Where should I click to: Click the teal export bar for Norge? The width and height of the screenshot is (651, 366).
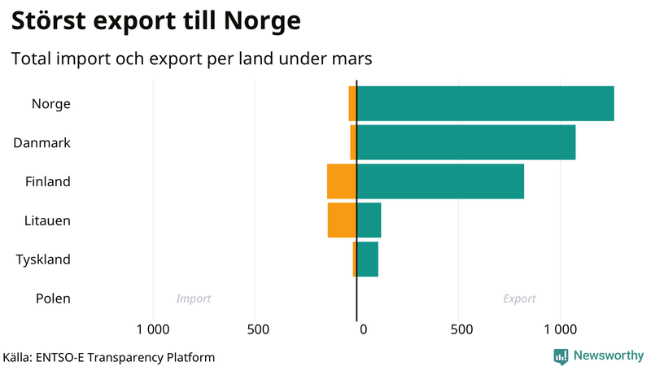coord(485,103)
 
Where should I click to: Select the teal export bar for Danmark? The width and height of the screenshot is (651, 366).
coord(465,142)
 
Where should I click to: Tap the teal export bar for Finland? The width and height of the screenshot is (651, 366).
coord(440,181)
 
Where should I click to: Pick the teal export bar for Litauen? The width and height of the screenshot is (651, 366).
coord(369,220)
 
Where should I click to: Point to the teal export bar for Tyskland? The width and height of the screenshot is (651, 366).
coord(367,259)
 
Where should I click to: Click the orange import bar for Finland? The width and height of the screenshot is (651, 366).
coord(342,181)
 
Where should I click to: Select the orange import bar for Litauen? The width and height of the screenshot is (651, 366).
coord(342,220)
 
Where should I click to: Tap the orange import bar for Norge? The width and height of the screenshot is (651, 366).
coord(352,103)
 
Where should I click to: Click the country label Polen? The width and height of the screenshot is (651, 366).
coord(53,298)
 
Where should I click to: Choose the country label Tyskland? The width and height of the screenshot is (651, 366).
coord(43,259)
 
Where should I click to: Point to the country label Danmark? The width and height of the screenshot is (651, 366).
coord(42,142)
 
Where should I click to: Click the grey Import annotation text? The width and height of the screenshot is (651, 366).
coord(194,298)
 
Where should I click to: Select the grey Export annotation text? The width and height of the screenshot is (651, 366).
coord(519,298)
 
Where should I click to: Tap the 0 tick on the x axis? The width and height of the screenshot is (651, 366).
coord(363,329)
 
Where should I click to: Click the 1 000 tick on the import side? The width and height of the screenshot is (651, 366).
coord(153,329)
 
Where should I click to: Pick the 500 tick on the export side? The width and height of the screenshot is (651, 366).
coord(461,329)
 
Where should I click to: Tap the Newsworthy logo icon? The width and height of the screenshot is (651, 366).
coord(561,355)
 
